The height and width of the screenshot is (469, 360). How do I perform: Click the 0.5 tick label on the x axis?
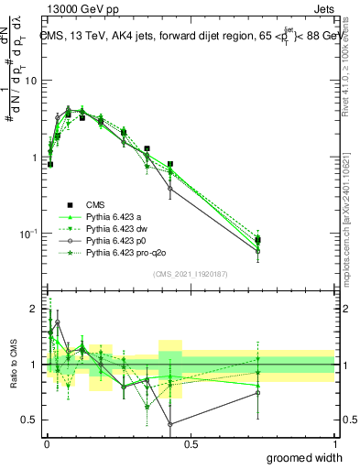(191, 444)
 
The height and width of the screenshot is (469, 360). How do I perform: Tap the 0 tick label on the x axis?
(46, 444)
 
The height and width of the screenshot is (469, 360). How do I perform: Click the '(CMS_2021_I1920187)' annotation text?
(190, 274)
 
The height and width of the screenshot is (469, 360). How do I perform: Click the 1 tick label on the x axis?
(335, 444)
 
